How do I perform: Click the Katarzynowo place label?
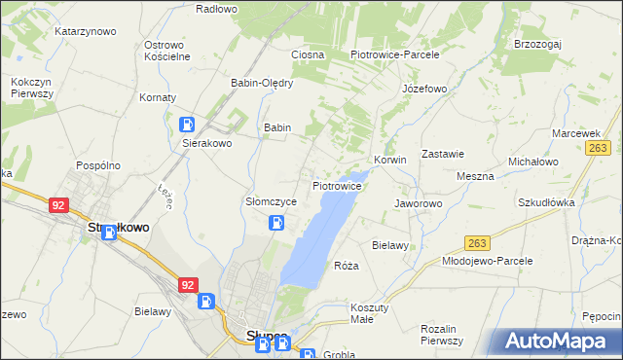click(86, 31)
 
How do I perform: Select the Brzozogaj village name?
click(539, 45)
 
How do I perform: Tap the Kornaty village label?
click(158, 98)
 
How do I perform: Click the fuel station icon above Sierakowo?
click(187, 125)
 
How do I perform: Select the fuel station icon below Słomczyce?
click(276, 223)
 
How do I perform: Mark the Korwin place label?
click(389, 160)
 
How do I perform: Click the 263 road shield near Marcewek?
click(598, 147)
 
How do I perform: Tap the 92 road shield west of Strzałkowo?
click(59, 205)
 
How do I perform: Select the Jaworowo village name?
click(419, 203)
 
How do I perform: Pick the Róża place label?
click(347, 266)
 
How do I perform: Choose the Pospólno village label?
click(98, 165)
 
